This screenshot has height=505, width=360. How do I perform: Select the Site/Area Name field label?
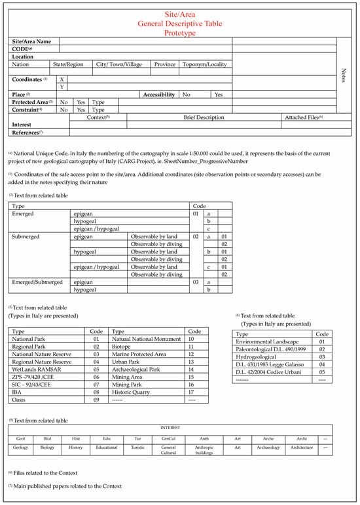coord(33,41)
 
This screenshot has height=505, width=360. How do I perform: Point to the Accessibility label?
coord(158,94)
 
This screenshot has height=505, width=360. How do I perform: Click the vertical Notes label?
coord(344,75)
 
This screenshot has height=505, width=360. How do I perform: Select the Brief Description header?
coord(204,117)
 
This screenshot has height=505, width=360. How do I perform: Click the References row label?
coord(26,132)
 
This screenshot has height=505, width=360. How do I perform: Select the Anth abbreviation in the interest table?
coord(204,438)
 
